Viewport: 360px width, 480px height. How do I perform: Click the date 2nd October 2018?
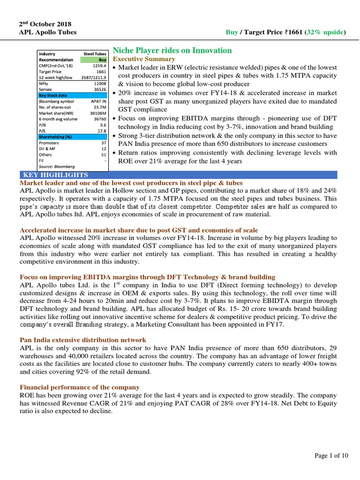(x=45, y=23)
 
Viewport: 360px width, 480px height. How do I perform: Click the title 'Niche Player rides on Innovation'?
(x=172, y=50)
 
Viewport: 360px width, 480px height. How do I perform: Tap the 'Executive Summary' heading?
(x=144, y=59)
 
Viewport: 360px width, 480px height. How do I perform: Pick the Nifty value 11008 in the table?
(x=100, y=82)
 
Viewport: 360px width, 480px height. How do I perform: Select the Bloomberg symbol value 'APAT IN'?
(x=99, y=100)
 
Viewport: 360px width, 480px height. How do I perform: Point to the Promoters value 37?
(x=104, y=142)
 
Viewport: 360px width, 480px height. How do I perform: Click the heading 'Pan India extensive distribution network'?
(x=82, y=339)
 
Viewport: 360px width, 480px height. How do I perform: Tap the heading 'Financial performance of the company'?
(x=79, y=387)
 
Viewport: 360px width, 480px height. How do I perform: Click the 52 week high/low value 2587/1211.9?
(x=96, y=77)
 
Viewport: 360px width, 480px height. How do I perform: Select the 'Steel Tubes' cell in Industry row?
(x=96, y=54)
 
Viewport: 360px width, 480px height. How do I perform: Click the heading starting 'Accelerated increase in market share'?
(x=139, y=230)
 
